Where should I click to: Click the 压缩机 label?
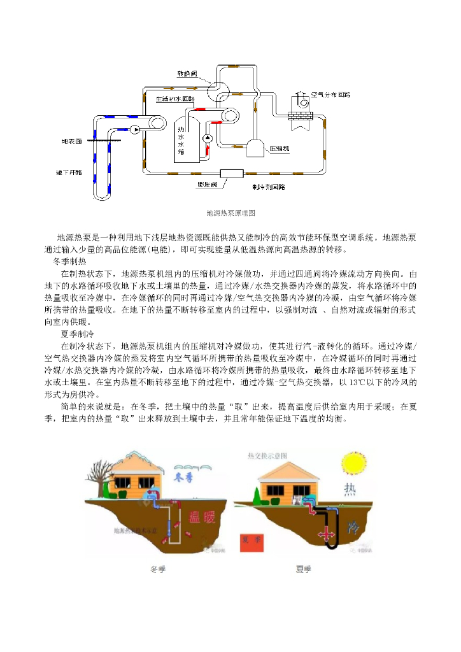[x=280, y=148]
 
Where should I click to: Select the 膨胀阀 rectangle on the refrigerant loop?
[x=230, y=173]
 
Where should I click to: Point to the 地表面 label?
[x=71, y=141]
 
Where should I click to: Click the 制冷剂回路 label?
[x=268, y=187]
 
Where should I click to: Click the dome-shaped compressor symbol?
[x=255, y=148]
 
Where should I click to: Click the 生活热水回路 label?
[x=175, y=100]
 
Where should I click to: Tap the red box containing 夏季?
[x=250, y=540]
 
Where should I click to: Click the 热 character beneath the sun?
[x=351, y=489]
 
